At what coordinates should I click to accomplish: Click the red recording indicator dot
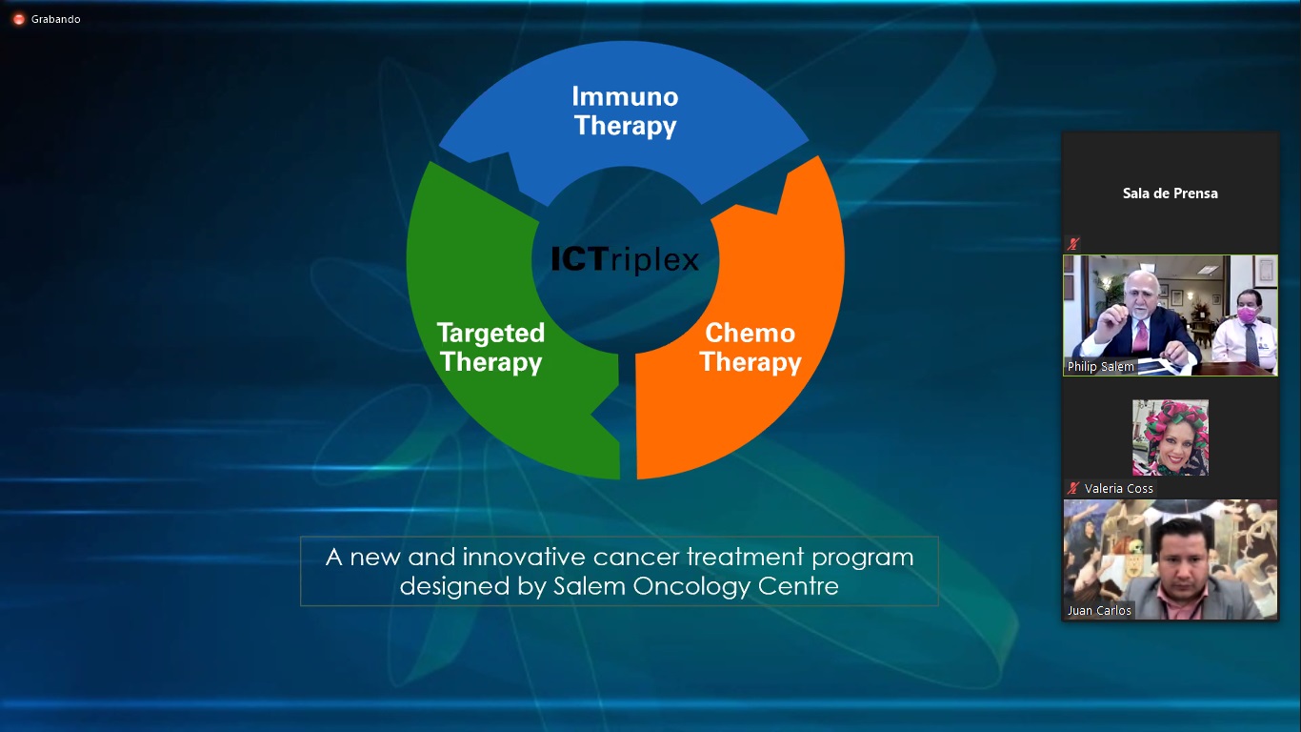tap(19, 19)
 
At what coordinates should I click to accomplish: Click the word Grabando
tap(56, 19)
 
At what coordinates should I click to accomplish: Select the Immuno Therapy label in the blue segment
tap(625, 112)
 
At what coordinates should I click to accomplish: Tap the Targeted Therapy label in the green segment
tap(490, 348)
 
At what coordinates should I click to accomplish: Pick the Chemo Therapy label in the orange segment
tap(751, 348)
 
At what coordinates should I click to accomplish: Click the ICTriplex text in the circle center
tap(625, 259)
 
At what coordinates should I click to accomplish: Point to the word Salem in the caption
tap(590, 585)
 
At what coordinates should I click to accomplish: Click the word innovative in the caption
tap(524, 557)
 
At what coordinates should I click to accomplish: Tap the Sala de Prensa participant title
tap(1170, 193)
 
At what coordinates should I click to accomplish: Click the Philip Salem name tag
tap(1100, 367)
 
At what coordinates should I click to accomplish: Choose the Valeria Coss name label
tap(1119, 488)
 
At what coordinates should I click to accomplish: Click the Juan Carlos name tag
tap(1099, 611)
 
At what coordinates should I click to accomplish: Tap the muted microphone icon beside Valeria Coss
tap(1072, 488)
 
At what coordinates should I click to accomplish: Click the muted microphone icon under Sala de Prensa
tap(1072, 244)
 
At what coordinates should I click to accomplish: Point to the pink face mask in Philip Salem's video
tap(1247, 315)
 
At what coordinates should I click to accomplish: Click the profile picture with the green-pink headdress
tap(1171, 437)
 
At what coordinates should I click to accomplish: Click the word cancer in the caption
tap(636, 557)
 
